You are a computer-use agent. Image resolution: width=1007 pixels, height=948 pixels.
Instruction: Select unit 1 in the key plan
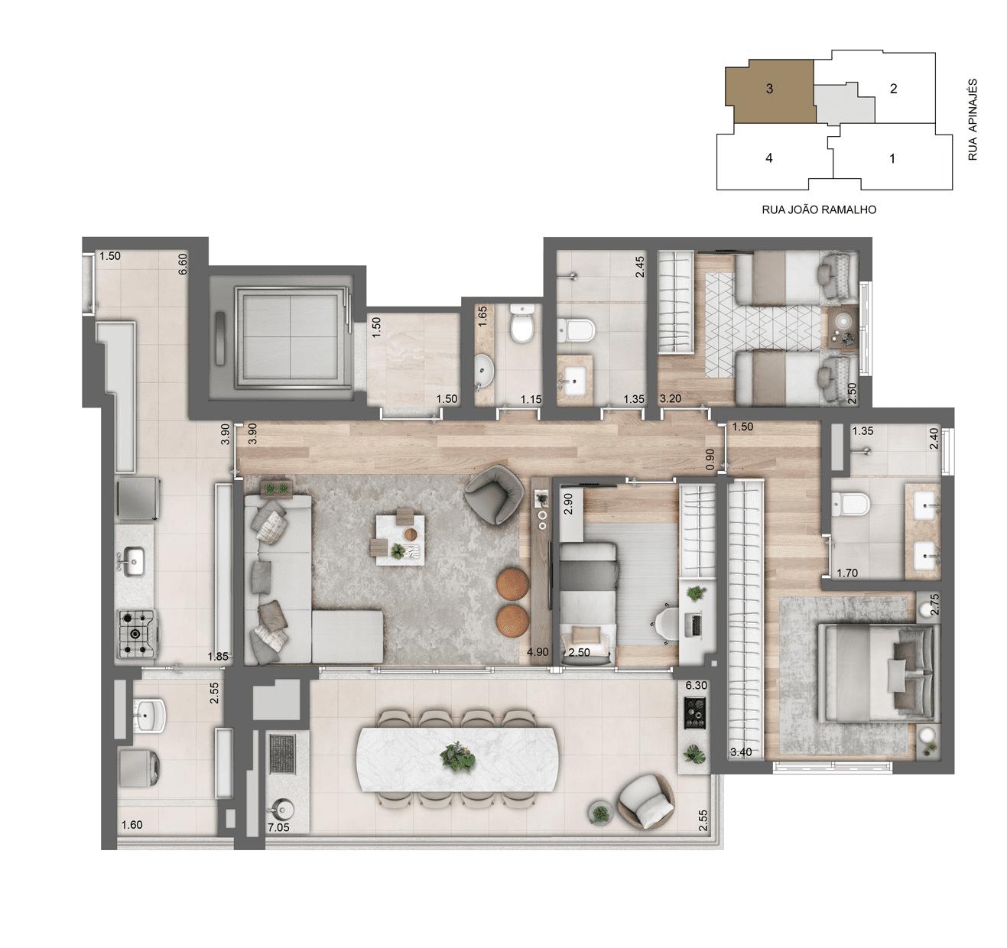pos(892,158)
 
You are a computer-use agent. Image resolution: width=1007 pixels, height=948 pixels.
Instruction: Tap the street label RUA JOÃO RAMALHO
pos(819,209)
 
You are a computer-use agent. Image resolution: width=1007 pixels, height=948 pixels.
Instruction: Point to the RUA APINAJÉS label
pos(973,118)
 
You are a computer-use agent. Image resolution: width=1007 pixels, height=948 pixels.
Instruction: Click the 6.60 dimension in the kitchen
pos(183,265)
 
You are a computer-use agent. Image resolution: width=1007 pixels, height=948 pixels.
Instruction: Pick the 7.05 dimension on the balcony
pos(278,826)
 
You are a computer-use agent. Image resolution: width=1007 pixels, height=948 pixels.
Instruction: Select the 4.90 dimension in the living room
pos(538,652)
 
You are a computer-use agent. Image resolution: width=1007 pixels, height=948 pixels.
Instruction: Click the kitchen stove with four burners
pos(138,633)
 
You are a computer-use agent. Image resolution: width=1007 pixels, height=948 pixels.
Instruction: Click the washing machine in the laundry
pos(138,771)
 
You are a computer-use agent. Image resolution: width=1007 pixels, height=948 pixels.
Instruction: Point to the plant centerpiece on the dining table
pos(457,758)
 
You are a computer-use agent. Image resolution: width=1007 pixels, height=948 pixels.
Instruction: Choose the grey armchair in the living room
pos(494,495)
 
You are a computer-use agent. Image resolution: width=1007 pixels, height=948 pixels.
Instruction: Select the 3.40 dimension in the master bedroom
pos(741,752)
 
